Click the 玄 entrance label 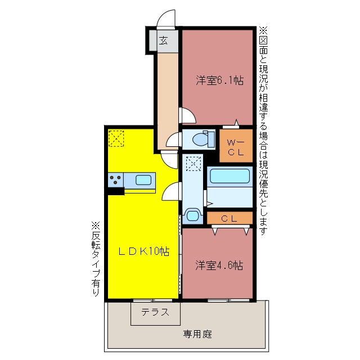click(164, 40)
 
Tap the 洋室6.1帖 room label click(220, 80)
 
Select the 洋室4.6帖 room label click(219, 265)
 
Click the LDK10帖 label click(144, 251)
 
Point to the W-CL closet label click(236, 147)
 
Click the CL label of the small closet click(229, 219)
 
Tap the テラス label click(155, 312)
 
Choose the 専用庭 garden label click(197, 334)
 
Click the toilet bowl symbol click(204, 139)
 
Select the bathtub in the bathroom click(229, 176)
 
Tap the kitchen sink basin click(143, 180)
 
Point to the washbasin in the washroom click(192, 215)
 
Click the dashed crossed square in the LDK click(116, 138)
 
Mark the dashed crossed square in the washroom click(193, 164)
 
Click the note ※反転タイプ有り click(96, 259)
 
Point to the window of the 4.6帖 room click(228, 300)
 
